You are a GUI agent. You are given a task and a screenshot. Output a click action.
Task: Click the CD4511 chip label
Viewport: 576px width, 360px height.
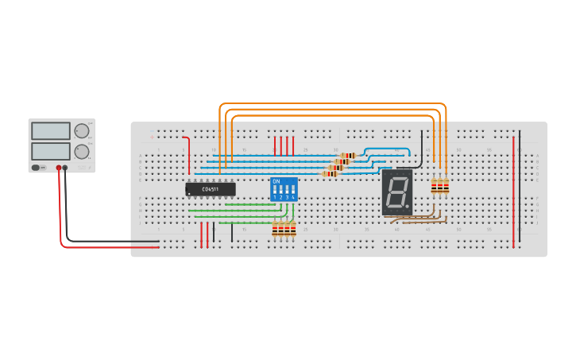click(x=211, y=189)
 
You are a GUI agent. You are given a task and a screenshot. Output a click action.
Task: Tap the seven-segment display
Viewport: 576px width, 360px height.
click(x=396, y=192)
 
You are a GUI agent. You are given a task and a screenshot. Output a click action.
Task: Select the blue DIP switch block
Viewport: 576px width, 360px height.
click(x=284, y=190)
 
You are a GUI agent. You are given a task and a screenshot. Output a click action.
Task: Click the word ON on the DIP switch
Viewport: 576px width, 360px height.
click(x=276, y=182)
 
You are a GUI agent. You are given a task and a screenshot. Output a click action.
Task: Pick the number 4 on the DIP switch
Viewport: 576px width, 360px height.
click(x=293, y=197)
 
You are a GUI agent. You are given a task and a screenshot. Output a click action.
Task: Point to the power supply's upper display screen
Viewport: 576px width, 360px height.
click(x=50, y=131)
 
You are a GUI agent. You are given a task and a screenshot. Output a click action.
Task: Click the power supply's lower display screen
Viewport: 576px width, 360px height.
click(x=50, y=150)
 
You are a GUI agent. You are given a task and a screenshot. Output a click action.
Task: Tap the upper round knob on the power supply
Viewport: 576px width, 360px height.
click(x=82, y=131)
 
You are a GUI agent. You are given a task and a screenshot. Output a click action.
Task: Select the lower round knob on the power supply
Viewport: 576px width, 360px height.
click(x=82, y=151)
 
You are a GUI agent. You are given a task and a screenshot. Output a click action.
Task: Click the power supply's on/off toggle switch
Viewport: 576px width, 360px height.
click(x=37, y=167)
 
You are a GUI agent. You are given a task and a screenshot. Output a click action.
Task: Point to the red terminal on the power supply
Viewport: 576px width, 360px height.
click(x=58, y=168)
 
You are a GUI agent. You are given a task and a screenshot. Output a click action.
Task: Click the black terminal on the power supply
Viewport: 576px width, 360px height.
click(x=65, y=168)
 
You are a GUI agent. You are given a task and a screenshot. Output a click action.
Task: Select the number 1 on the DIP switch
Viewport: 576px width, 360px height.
click(x=275, y=197)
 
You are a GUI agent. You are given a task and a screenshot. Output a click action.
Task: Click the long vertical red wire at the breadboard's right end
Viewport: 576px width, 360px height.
click(x=513, y=191)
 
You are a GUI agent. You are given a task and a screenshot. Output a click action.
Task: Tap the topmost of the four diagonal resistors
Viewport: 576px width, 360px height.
click(x=348, y=156)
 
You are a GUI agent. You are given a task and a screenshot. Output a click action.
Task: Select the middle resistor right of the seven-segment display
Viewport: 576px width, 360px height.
click(x=439, y=187)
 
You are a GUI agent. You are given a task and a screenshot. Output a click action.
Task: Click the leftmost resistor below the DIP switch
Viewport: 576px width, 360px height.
click(x=275, y=230)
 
